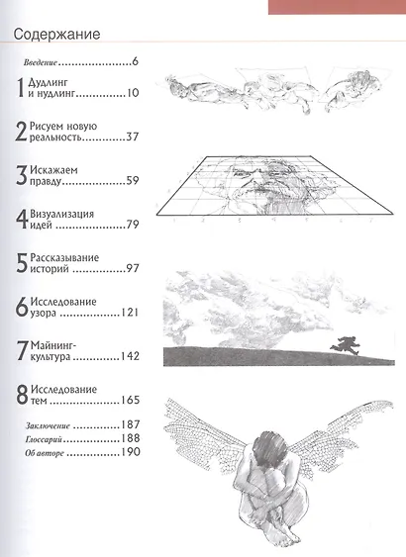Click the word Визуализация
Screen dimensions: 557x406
[69, 214]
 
